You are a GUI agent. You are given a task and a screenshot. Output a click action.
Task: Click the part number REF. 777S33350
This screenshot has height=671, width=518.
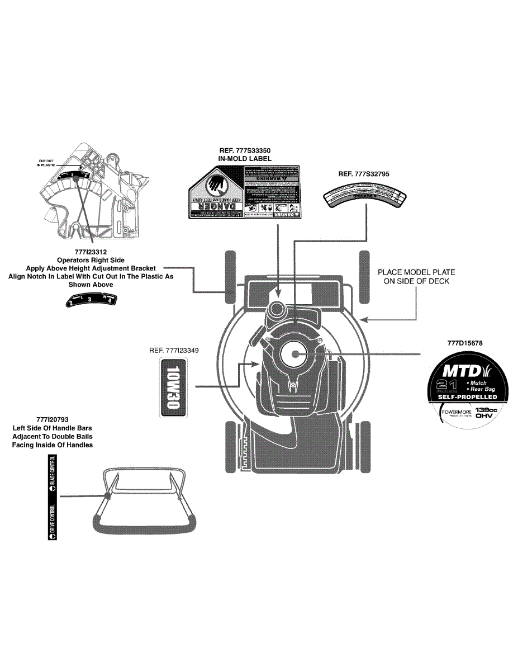(x=244, y=150)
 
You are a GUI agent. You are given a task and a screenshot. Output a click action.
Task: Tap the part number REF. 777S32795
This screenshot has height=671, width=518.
(x=363, y=174)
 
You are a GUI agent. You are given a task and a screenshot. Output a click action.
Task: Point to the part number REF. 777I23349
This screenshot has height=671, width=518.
(x=174, y=351)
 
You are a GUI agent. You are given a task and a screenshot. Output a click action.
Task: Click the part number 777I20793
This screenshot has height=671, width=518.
(x=52, y=419)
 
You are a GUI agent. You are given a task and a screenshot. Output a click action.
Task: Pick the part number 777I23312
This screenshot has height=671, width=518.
(x=91, y=252)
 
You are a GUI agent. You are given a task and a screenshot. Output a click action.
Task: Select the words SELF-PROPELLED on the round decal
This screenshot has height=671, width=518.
(x=467, y=396)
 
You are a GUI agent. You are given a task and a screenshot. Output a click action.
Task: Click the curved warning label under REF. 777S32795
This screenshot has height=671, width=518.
(x=365, y=197)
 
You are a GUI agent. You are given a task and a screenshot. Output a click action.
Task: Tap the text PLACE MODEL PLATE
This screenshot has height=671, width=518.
(x=416, y=272)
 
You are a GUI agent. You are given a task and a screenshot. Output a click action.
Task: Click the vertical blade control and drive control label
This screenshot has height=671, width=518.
(x=53, y=497)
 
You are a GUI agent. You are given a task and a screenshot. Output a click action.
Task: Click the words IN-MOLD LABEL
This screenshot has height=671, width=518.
(x=244, y=159)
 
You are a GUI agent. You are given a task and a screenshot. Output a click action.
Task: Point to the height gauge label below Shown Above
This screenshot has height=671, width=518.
(x=91, y=301)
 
